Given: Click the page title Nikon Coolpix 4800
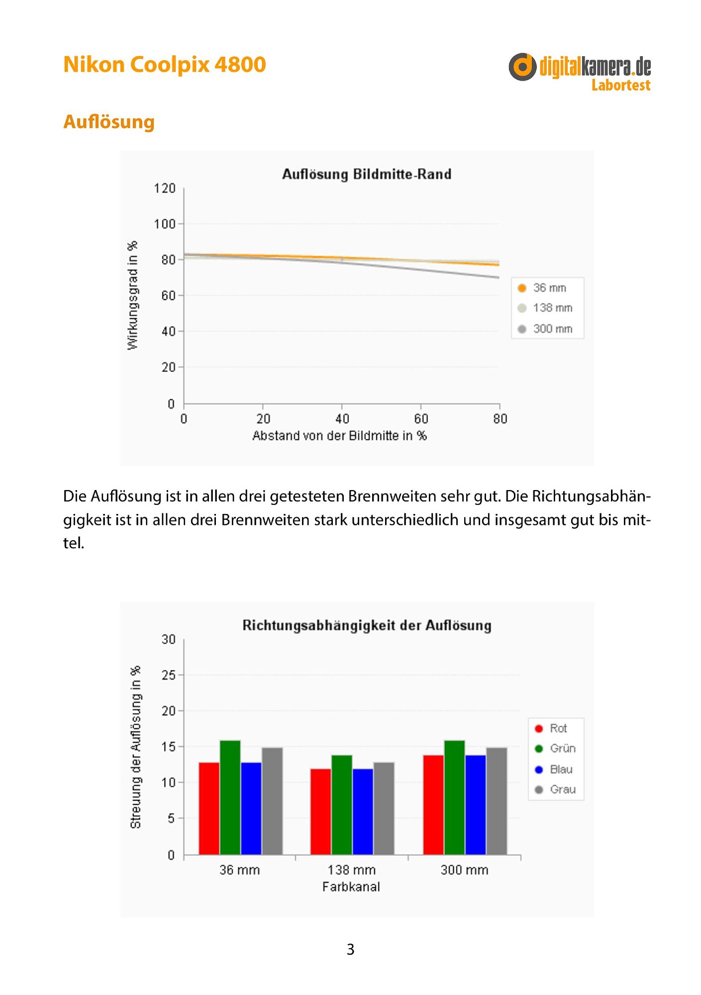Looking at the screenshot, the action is (x=165, y=65).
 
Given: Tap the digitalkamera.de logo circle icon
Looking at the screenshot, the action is (x=522, y=67).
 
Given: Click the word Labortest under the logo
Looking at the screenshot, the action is (x=621, y=85).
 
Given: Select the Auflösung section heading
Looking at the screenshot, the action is (x=109, y=122).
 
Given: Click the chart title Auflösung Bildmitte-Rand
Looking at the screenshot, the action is (x=367, y=174).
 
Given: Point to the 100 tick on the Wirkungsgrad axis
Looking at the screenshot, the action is (x=165, y=224).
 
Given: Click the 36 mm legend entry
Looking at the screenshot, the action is (x=542, y=288).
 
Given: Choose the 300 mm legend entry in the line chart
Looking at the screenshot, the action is (x=545, y=329).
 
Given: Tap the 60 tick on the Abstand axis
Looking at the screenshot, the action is (x=421, y=419).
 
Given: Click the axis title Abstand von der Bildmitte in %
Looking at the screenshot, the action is (x=340, y=436).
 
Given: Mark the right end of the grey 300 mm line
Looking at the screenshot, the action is (x=499, y=278).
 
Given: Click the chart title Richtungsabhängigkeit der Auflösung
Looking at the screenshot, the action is (x=367, y=625).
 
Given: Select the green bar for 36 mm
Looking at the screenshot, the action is (x=230, y=797).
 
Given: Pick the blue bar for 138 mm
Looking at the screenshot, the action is (x=363, y=812).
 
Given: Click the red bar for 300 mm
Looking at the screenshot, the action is (x=433, y=805).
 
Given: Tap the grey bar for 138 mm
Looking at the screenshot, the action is (x=384, y=808).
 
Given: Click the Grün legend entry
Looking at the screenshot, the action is (x=555, y=749).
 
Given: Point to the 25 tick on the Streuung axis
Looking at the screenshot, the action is (x=169, y=675).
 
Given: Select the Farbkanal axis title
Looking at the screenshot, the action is (x=351, y=887).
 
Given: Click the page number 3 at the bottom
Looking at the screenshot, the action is (x=350, y=949).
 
